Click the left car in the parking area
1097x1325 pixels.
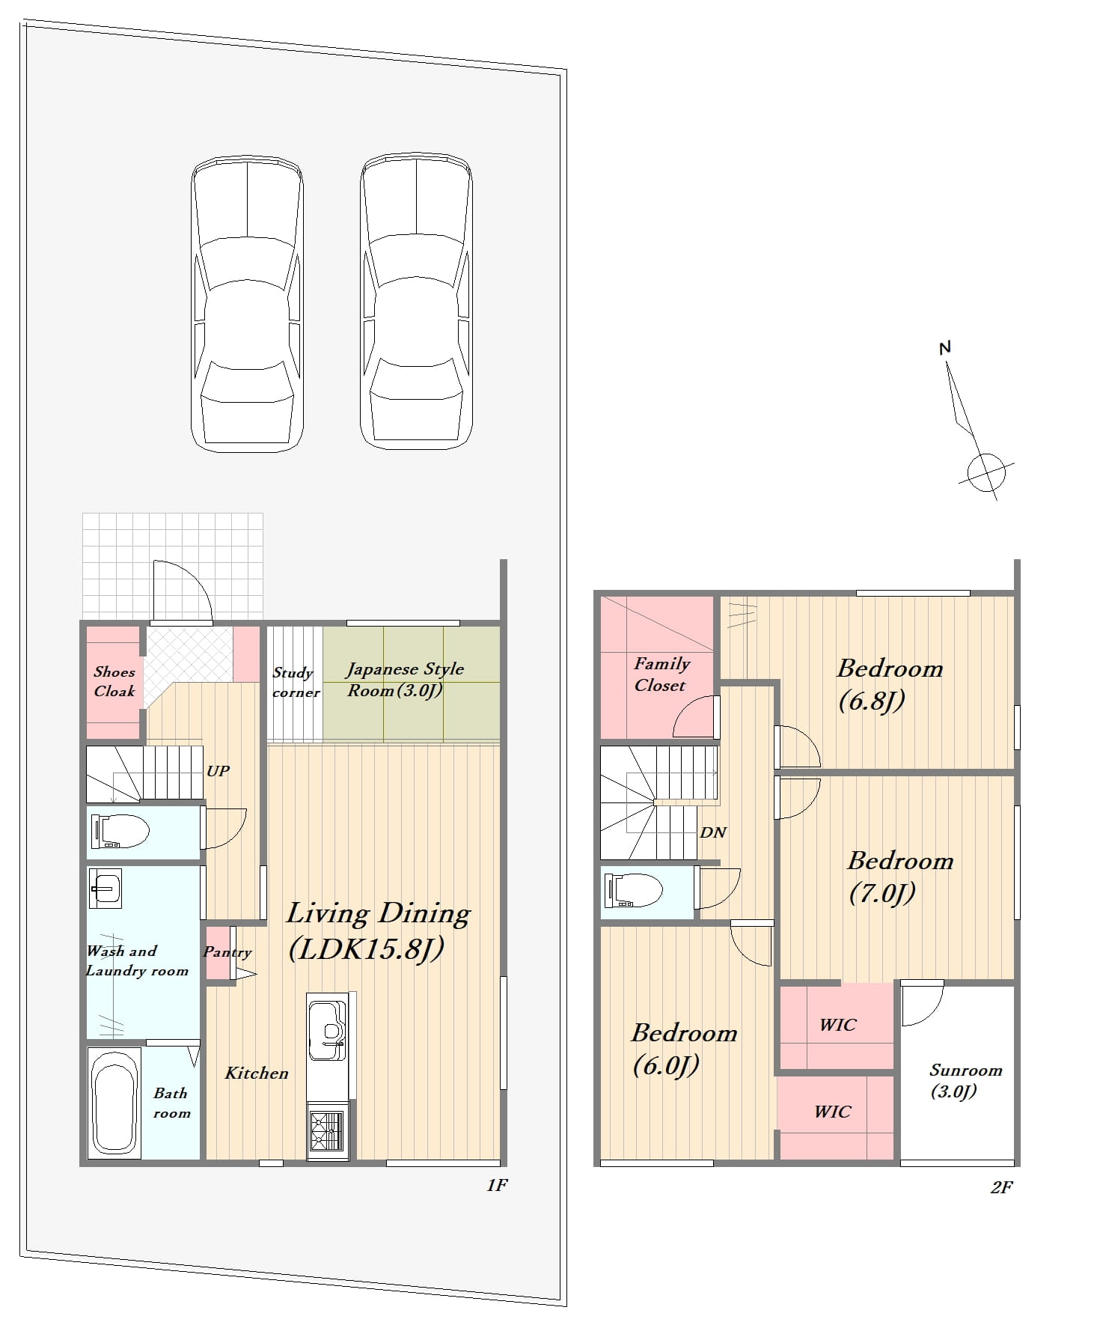(x=248, y=303)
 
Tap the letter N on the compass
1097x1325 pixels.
(x=944, y=347)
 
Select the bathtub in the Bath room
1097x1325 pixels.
(x=114, y=1102)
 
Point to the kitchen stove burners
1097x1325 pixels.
(x=327, y=1131)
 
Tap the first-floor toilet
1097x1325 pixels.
(x=120, y=831)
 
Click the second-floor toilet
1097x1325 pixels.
(x=633, y=890)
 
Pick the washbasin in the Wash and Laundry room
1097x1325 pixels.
(x=105, y=889)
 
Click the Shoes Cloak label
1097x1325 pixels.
(x=114, y=681)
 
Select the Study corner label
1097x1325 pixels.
(x=295, y=683)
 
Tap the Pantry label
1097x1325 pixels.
(x=227, y=952)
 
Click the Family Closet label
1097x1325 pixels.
(x=661, y=674)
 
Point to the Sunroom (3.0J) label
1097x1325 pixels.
(x=965, y=1080)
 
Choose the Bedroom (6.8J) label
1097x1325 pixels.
(x=890, y=684)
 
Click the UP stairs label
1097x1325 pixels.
(x=218, y=771)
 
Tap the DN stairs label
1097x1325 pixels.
(x=713, y=832)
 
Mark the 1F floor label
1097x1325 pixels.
(x=497, y=1185)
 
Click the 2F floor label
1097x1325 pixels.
(x=1001, y=1187)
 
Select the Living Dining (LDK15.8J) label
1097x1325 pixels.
(x=379, y=930)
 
